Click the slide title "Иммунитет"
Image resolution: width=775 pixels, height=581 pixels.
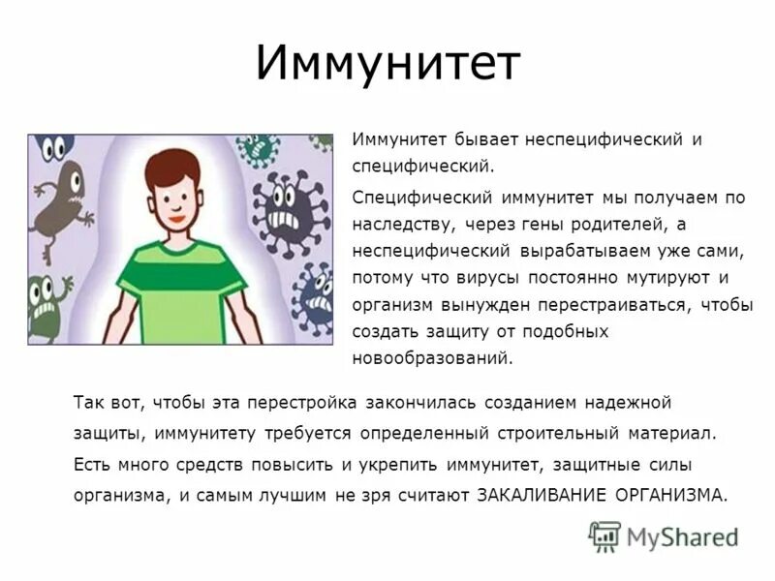[x=387, y=63]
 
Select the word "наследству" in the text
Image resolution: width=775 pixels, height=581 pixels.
[x=397, y=224]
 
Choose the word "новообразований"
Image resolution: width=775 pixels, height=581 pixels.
[x=430, y=358]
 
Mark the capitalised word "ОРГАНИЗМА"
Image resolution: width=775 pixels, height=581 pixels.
[x=670, y=494]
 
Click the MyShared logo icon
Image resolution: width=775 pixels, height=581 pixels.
[x=604, y=535]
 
